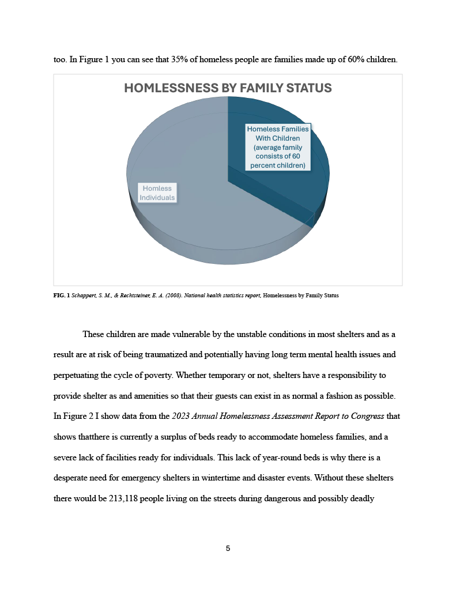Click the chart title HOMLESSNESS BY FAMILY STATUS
tap(228, 88)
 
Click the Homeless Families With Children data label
tap(278, 147)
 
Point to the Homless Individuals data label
tap(157, 192)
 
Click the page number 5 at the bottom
tap(228, 548)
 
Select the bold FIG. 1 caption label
tap(61, 296)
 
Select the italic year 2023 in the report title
tap(181, 416)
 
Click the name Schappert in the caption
tap(84, 296)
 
